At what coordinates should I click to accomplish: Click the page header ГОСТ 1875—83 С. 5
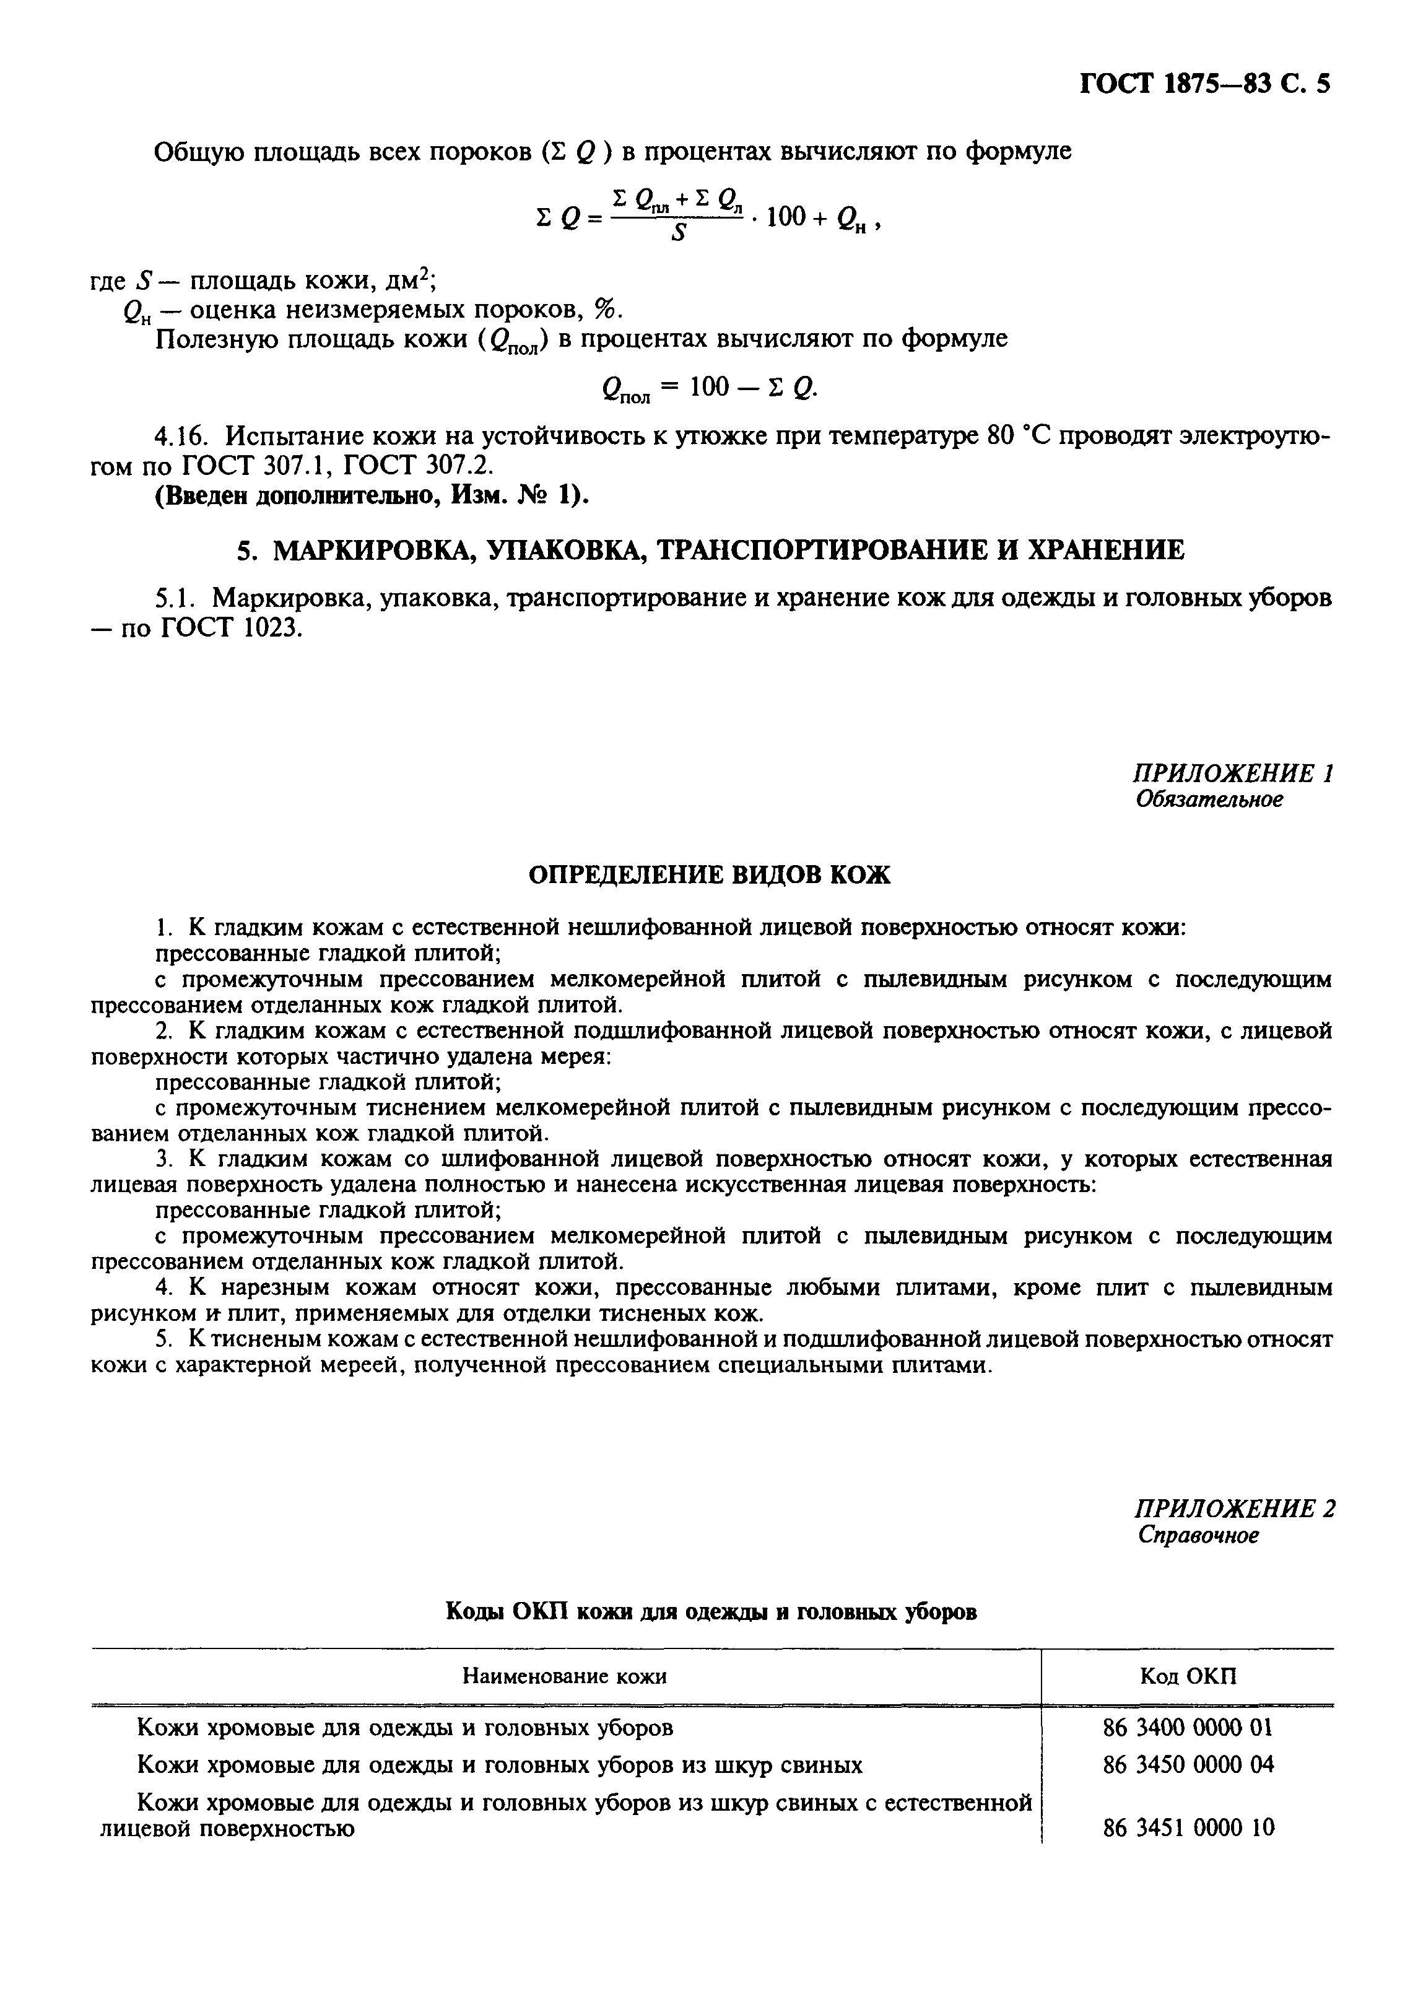1205,85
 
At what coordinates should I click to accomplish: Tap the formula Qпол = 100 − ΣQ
710,388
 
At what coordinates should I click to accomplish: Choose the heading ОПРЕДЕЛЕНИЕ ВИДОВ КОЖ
710,875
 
